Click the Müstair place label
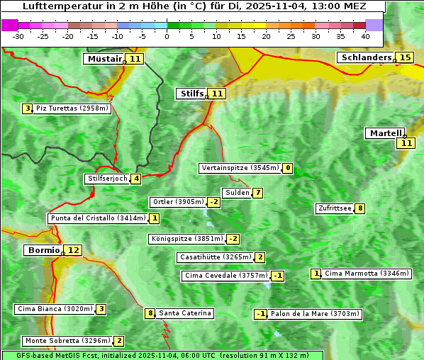click(x=104, y=59)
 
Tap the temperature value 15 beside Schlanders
click(x=406, y=57)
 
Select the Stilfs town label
click(x=191, y=94)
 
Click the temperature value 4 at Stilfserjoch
click(x=135, y=179)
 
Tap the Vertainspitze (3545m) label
click(x=240, y=168)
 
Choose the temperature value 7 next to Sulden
click(x=258, y=193)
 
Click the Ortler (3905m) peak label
click(x=178, y=202)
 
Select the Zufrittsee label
click(x=334, y=208)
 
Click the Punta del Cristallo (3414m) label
click(x=98, y=218)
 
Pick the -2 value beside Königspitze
click(x=233, y=239)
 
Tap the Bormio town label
click(x=43, y=250)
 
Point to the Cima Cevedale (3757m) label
click(x=225, y=276)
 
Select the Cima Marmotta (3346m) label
click(x=367, y=274)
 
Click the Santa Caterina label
click(x=184, y=313)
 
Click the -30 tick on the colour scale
click(x=18, y=35)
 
